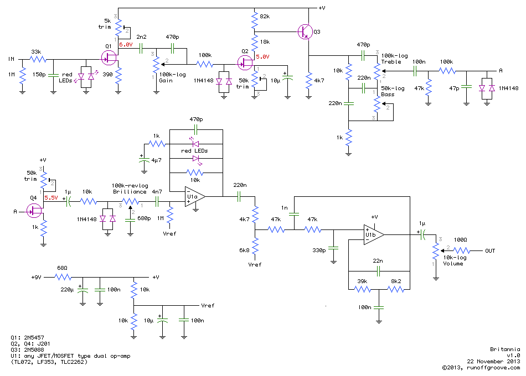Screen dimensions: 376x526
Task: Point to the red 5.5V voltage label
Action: click(x=50, y=197)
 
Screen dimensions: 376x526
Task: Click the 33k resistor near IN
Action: click(x=38, y=58)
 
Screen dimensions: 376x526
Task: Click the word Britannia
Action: click(x=506, y=349)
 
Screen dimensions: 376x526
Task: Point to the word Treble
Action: click(x=391, y=61)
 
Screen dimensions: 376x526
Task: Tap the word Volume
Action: click(x=453, y=264)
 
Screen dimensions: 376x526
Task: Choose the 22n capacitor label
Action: click(x=378, y=261)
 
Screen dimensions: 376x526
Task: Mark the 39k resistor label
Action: click(x=362, y=281)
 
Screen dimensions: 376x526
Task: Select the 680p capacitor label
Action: click(x=145, y=218)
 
